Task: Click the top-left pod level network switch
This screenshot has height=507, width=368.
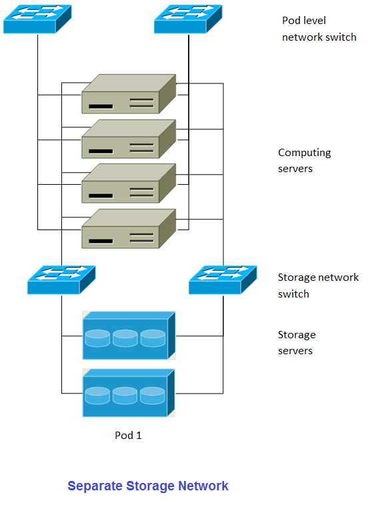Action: [37, 20]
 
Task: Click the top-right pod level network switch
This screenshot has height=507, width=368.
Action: [188, 20]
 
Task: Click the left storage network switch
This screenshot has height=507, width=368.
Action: [61, 280]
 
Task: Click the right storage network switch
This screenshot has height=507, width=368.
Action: [223, 280]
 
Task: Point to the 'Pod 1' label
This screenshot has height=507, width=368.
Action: [128, 436]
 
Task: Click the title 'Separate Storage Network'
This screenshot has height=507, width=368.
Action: [148, 486]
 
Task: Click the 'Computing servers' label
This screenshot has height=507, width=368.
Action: [304, 161]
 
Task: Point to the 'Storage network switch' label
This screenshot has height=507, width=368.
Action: [318, 286]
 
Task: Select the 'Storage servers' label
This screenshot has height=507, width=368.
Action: [297, 343]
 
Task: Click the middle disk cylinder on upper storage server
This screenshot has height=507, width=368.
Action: [125, 338]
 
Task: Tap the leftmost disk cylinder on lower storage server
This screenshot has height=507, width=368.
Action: [97, 396]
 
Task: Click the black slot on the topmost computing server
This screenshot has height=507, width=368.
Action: [99, 107]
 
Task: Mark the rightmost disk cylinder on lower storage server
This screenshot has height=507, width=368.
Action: [152, 396]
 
